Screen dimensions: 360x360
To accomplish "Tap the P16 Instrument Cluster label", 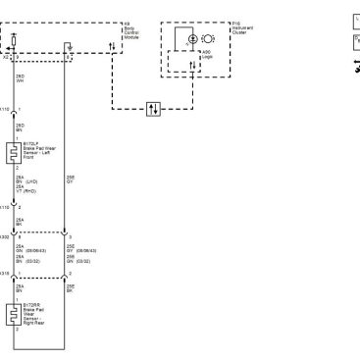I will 241,26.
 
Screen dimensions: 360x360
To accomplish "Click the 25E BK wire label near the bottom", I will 80,291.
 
